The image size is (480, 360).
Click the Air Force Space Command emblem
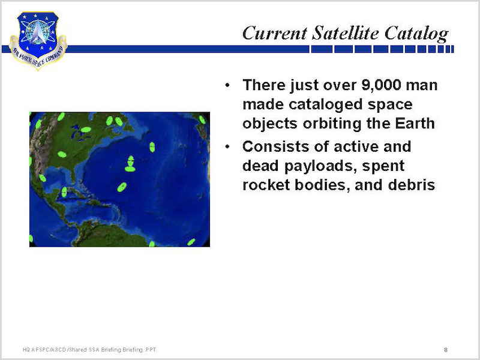(x=38, y=41)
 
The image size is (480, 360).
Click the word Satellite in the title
(x=346, y=33)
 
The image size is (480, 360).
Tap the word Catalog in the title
(x=416, y=34)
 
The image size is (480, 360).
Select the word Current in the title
(x=275, y=33)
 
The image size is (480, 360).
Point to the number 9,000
(x=381, y=85)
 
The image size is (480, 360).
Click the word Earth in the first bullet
(x=415, y=124)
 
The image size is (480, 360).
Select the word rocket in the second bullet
(x=266, y=185)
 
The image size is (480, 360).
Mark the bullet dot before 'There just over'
(x=227, y=85)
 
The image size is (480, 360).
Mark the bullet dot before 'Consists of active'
(x=227, y=147)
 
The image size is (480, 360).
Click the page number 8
(x=446, y=350)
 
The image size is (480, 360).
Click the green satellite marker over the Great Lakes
(x=86, y=130)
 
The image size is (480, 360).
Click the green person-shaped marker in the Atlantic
(x=130, y=164)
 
